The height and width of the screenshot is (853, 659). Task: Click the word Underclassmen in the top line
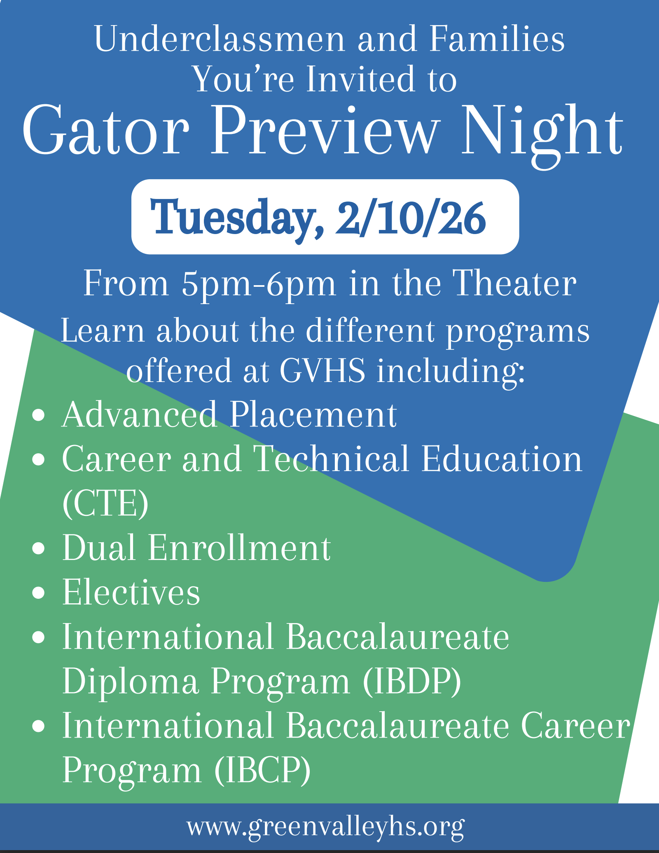[220, 39]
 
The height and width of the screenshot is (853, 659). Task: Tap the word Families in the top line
[497, 39]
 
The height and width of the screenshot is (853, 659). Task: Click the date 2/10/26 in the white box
[411, 218]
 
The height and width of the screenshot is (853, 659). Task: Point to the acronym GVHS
[322, 370]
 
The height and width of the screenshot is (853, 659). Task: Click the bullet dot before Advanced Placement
[38, 415]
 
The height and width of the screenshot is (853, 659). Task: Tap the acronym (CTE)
[105, 504]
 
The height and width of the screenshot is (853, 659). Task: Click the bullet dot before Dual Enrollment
[38, 548]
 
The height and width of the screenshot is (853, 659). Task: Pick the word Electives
[131, 592]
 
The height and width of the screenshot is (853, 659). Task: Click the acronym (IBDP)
[412, 682]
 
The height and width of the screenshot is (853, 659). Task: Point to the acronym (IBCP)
[262, 771]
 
